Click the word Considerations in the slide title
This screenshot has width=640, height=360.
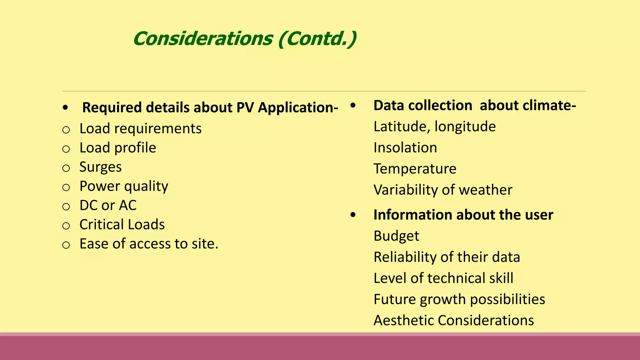click(x=203, y=39)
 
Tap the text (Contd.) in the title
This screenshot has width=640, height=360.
click(x=317, y=39)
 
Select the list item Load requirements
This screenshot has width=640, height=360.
click(x=140, y=128)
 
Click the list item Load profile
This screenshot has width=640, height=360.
click(x=117, y=148)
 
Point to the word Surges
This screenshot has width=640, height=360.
click(x=100, y=167)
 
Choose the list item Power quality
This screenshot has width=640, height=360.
click(x=124, y=187)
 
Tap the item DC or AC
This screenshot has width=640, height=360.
click(x=108, y=205)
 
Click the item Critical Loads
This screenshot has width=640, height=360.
click(x=122, y=224)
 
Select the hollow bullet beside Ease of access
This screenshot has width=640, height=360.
click(x=66, y=245)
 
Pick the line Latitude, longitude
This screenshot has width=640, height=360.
click(x=434, y=127)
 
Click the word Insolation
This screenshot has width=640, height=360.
click(x=405, y=147)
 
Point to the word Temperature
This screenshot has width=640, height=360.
click(x=415, y=169)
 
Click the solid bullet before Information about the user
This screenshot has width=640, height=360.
click(x=353, y=215)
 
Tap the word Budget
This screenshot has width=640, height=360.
click(x=396, y=236)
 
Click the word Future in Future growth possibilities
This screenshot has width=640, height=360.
click(x=394, y=299)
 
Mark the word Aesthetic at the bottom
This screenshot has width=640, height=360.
click(x=403, y=320)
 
